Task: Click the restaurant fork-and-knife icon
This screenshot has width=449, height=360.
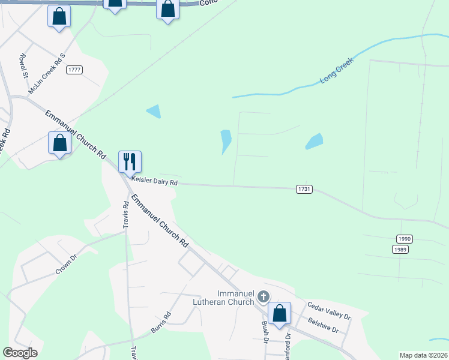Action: [x=130, y=161]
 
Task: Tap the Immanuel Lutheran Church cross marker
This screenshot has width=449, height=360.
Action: [x=263, y=296]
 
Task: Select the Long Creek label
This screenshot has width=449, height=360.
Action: [x=337, y=71]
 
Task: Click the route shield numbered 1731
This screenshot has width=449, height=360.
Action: [x=304, y=189]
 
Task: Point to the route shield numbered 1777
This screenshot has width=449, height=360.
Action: [x=74, y=70]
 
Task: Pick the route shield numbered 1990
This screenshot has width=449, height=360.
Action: [x=404, y=238]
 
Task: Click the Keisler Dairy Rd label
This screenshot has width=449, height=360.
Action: [x=155, y=181]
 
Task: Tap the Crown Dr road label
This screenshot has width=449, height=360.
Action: [x=67, y=264]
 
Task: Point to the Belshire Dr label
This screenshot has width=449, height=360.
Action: [x=323, y=326]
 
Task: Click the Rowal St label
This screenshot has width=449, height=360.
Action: [x=23, y=66]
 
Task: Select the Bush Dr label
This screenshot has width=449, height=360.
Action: [x=265, y=331]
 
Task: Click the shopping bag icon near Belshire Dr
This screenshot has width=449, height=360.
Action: [x=279, y=313]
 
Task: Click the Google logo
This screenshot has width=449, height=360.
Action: [x=20, y=353]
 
